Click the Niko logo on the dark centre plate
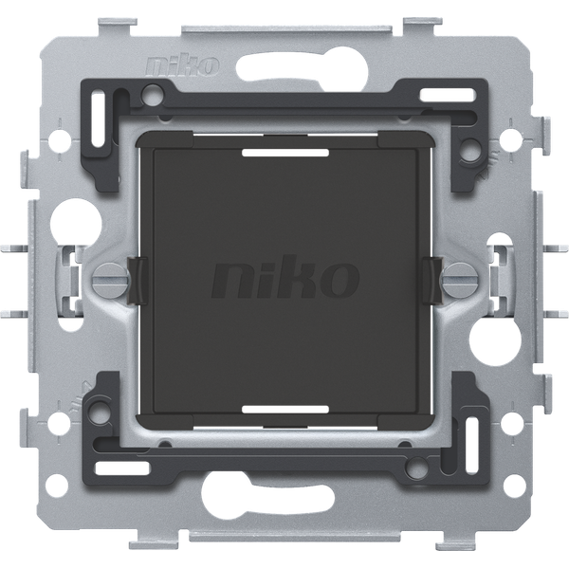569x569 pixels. click(284, 277)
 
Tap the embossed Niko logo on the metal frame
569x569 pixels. click(182, 65)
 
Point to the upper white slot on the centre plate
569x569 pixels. click(285, 153)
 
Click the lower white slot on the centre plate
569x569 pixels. click(285, 410)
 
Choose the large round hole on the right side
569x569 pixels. click(494, 338)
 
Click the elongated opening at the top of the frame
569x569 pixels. click(302, 68)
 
